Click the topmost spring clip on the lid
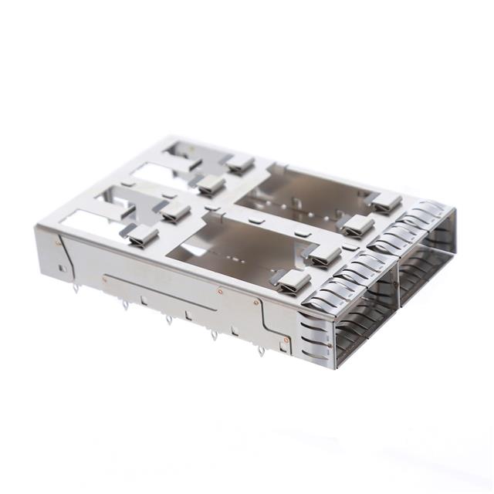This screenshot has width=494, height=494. [239, 163]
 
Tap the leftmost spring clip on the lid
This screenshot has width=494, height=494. [142, 235]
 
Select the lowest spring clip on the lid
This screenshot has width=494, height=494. [294, 283]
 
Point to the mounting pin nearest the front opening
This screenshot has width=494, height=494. [261, 351]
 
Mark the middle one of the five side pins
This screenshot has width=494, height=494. [169, 318]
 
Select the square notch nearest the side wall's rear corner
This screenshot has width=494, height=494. [61, 268]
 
